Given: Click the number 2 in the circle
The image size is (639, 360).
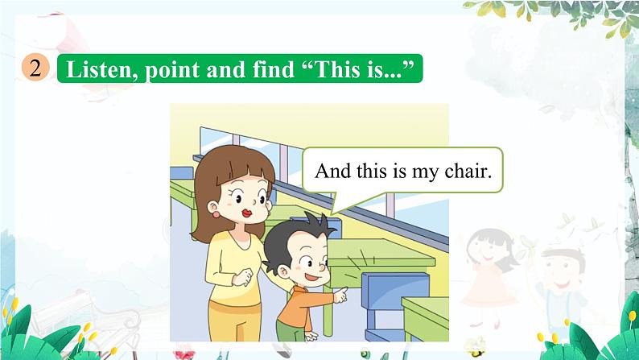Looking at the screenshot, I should (35, 68).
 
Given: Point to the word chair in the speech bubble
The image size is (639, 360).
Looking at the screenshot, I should (464, 172).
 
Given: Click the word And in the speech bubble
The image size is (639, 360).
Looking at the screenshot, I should (332, 171).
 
